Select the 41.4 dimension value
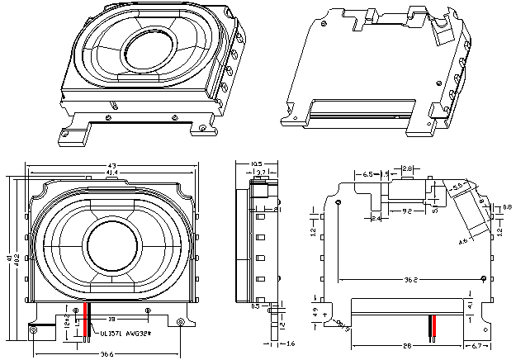click(111, 173)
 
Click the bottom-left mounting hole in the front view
click(33, 331)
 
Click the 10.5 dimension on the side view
click(256, 163)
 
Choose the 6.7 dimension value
click(478, 345)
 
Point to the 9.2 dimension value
click(407, 212)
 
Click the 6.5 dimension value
click(367, 175)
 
